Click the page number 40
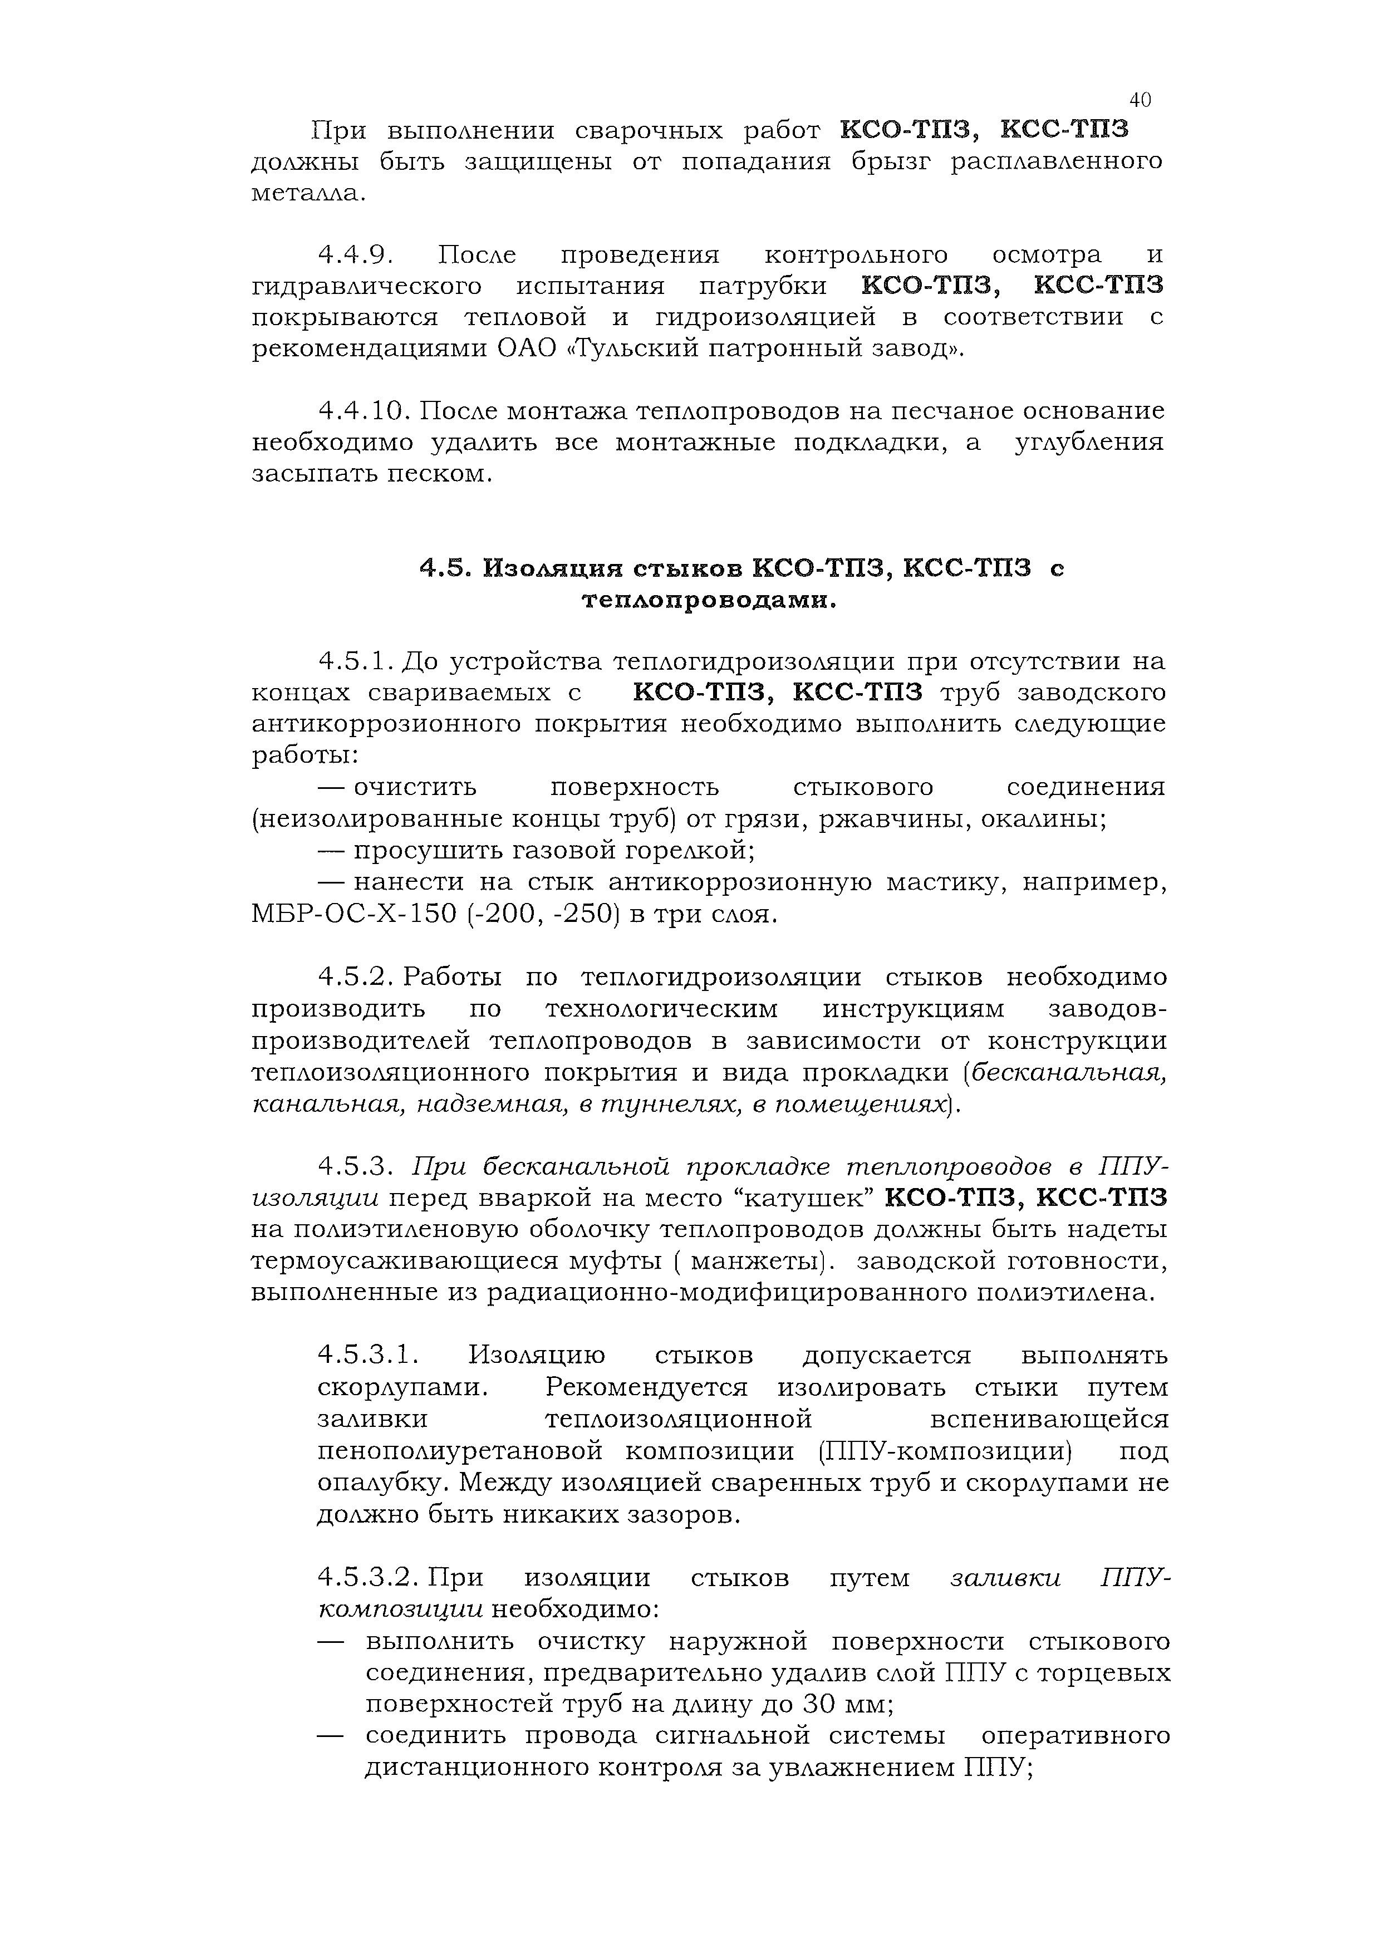1140,100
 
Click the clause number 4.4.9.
353,254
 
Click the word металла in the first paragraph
308,193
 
